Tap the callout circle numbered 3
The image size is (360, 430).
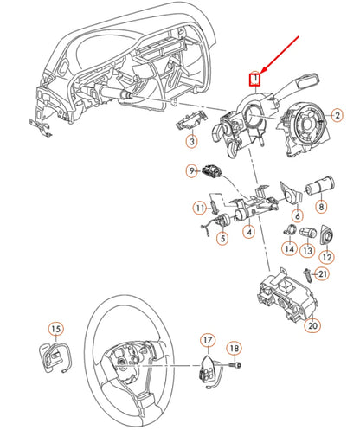(192, 140)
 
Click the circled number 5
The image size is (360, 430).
(222, 238)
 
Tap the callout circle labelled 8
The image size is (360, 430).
(321, 231)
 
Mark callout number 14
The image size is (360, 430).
(289, 249)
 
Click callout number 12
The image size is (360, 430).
(327, 256)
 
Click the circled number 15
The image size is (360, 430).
(55, 329)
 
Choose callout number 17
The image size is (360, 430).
(209, 340)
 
